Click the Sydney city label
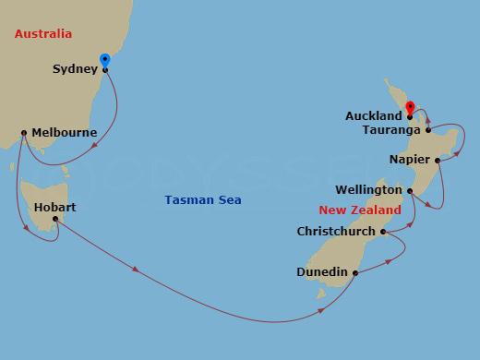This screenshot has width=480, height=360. point(75,69)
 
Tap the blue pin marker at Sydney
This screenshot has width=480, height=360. point(105,61)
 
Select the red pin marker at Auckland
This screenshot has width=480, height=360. point(410,106)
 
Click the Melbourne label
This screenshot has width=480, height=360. point(64,133)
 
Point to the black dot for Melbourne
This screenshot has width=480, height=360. point(23,133)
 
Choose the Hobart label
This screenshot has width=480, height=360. point(54,207)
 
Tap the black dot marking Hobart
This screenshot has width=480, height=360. point(55,219)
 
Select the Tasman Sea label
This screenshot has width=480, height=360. point(203,200)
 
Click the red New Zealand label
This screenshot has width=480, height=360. point(360,210)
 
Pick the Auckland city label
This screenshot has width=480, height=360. point(374,116)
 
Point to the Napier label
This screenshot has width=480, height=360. point(409,160)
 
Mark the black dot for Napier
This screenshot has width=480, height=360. point(438,160)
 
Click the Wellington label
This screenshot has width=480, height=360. point(368,190)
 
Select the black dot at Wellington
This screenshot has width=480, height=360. point(410,190)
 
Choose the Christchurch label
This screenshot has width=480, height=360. point(336,232)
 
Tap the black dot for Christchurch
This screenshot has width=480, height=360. point(382,232)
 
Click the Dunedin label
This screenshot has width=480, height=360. point(322,272)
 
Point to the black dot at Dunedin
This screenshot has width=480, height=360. point(355,272)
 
